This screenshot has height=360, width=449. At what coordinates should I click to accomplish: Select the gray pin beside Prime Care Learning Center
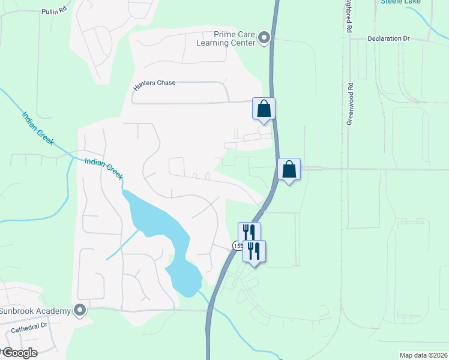click(264, 39)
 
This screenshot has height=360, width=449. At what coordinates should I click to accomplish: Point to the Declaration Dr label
click(388, 38)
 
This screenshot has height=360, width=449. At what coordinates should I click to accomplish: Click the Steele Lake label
click(400, 2)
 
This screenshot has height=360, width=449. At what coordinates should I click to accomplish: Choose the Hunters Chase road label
click(154, 83)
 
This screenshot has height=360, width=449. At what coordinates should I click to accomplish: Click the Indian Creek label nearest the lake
click(104, 169)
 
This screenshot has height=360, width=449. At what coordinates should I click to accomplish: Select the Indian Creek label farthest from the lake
click(38, 129)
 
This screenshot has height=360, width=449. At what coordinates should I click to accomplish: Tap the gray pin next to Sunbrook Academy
click(80, 310)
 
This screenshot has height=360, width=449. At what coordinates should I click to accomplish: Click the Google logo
click(19, 352)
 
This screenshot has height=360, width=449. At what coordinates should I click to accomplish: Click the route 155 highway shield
click(237, 245)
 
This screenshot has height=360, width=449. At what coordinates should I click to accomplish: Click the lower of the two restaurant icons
click(254, 251)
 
